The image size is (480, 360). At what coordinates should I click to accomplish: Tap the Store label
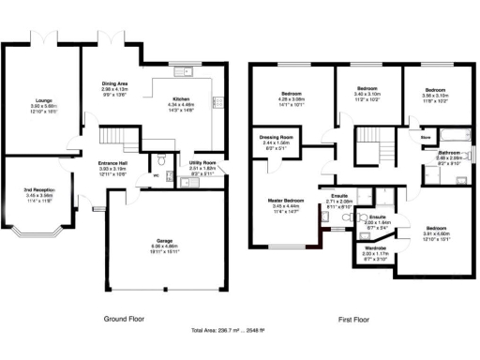(x=425, y=137)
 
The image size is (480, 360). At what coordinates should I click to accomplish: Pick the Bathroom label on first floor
(x=449, y=151)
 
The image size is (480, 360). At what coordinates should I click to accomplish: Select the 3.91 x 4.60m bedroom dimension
(x=437, y=233)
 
